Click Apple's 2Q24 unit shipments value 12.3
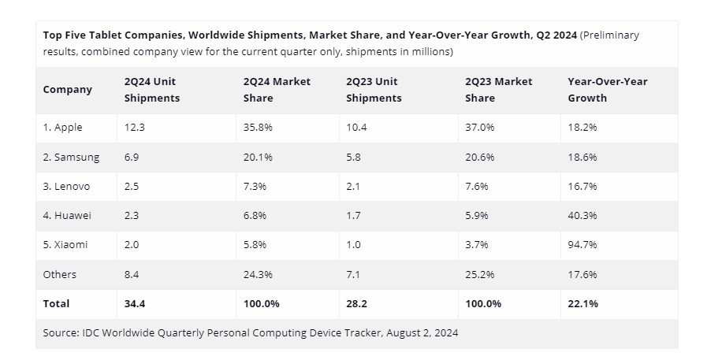pos(134,128)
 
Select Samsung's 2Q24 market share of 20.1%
pos(258,157)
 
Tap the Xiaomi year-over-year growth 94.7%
pos(582,245)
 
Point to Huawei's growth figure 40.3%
pos(582,216)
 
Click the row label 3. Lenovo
pos(66,186)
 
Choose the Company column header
pos(67,90)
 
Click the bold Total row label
pos(56,303)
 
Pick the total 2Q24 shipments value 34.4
pos(136,303)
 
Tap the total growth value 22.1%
pos(582,303)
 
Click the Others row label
pos(60,274)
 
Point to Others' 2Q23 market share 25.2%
pos(479,274)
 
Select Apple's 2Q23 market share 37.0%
pos(479,128)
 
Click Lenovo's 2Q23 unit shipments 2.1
pos(354,186)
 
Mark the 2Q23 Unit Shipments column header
pos(374,90)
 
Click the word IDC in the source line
pos(92,332)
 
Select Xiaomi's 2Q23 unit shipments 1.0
pos(354,245)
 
